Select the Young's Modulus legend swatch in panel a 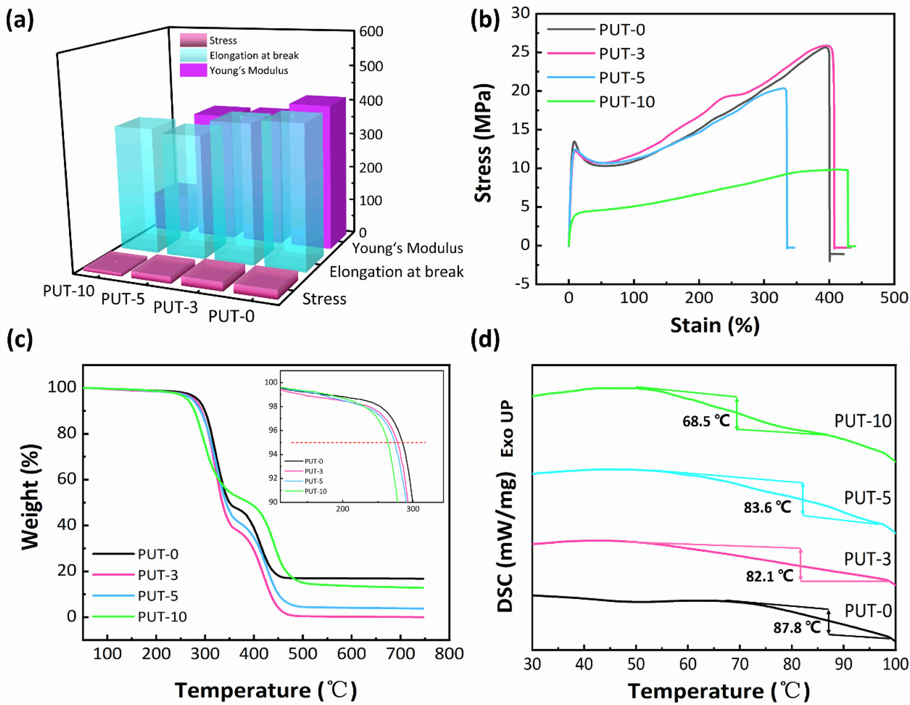pos(193,70)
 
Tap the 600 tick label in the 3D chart pos(371,32)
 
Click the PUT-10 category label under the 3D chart pos(69,291)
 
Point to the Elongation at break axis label pos(396,272)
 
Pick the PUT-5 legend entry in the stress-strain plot pos(622,78)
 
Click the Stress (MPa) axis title pos(484,143)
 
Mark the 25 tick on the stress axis pos(520,52)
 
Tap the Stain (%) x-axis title pos(715,325)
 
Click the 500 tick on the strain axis pos(894,298)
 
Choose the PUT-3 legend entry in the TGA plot pos(158,575)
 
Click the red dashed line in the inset pos(358,443)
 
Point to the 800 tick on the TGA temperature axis pos(449,654)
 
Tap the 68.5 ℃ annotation pos(706,421)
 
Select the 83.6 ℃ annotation pos(767,507)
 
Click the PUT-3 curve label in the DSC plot pos(868,559)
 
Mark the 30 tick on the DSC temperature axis pos(532,664)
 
